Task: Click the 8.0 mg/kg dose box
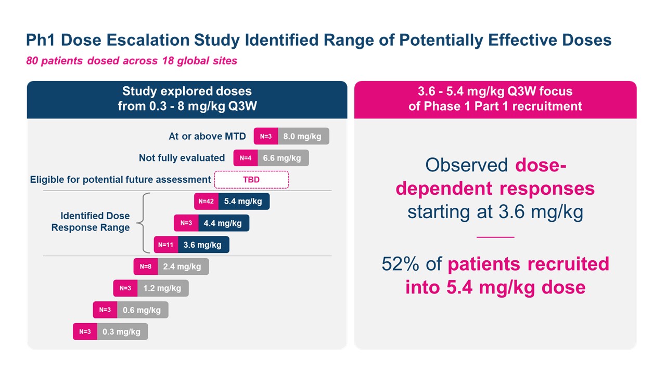pos(303,136)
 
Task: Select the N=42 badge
pos(206,201)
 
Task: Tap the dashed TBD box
pos(251,180)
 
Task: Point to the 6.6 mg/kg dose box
pos(283,158)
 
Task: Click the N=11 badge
pos(165,245)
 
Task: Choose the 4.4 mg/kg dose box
pos(223,223)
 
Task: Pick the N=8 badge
pos(145,266)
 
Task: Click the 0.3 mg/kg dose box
pos(122,331)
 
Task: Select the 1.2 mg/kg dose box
pos(162,288)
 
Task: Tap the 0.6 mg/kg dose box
pos(142,310)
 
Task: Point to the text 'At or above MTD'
pos(207,137)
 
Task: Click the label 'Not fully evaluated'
pos(182,158)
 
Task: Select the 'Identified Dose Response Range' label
pos(91,222)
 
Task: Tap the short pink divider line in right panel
pos(495,237)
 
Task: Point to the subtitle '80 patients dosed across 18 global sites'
pos(132,61)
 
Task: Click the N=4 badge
pos(246,158)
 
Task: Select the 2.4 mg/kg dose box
pos(182,266)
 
